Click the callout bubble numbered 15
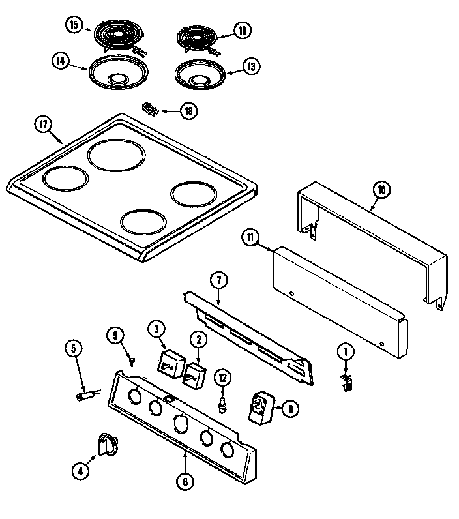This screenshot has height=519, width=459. tap(74, 25)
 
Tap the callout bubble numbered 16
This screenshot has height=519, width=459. tap(243, 29)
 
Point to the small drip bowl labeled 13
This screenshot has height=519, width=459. tap(198, 75)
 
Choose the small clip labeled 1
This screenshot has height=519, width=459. tap(346, 384)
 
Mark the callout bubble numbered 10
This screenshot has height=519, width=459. tap(381, 190)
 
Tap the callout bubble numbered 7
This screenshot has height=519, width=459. tap(218, 281)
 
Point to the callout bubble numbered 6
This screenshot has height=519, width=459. tap(186, 482)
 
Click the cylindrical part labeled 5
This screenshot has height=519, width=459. tap(86, 393)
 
